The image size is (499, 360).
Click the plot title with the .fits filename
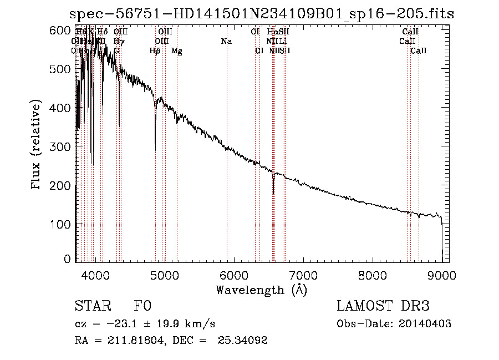pyautogui.click(x=262, y=14)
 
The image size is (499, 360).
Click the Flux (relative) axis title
pyautogui.click(x=37, y=145)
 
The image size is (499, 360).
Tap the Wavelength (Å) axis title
pyautogui.click(x=261, y=290)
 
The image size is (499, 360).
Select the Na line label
pyautogui.click(x=226, y=41)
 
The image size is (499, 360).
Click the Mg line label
pyautogui.click(x=177, y=51)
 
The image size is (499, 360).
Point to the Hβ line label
pyautogui.click(x=155, y=51)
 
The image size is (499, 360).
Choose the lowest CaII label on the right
pyautogui.click(x=419, y=51)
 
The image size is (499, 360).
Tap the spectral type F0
pyautogui.click(x=142, y=306)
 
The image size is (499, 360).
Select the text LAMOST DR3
pyautogui.click(x=383, y=306)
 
